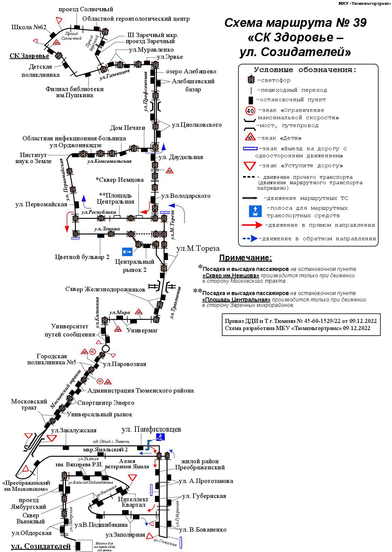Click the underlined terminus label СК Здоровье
[29, 56]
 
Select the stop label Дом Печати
[128, 128]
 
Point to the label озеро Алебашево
[191, 71]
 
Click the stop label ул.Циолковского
[197, 125]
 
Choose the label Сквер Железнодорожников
[105, 289]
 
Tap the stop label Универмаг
[142, 330]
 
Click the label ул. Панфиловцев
[151, 429]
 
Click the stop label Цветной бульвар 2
[82, 257]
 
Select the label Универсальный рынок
[100, 414]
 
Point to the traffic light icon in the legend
[251, 80]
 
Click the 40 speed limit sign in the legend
[250, 111]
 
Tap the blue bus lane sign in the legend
[255, 211]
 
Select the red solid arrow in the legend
[252, 225]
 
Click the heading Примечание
[245, 258]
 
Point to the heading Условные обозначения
[305, 70]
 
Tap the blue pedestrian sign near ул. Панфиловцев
[160, 437]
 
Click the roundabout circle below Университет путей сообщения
[105, 349]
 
